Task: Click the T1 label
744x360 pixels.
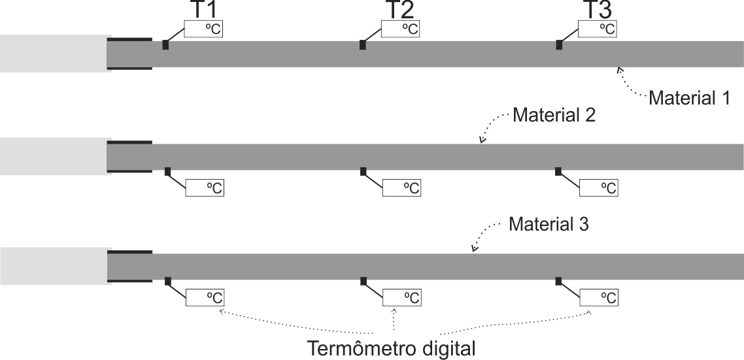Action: [x=203, y=10]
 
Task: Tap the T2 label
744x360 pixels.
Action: [x=399, y=10]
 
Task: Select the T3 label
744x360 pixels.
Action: [x=597, y=10]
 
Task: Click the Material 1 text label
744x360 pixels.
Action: [x=689, y=98]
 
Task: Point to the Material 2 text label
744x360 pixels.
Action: [x=554, y=115]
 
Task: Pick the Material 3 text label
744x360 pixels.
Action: [x=549, y=224]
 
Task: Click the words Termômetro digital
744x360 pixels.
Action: [x=392, y=348]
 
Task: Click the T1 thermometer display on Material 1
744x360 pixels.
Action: [x=203, y=29]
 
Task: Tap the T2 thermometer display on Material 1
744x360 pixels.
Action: [x=401, y=29]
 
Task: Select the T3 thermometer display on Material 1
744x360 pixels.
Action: [x=598, y=29]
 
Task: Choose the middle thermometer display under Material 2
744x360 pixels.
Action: [x=401, y=188]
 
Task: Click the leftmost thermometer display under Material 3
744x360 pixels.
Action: [x=205, y=297]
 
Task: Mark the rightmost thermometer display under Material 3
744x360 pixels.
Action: [x=599, y=297]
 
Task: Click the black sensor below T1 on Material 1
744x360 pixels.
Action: [x=165, y=44]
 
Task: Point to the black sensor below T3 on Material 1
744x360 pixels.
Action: [x=560, y=44]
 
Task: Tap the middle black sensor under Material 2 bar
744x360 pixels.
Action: [x=363, y=171]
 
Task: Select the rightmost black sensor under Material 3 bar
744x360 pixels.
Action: [x=558, y=281]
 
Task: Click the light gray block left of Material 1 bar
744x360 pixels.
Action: [x=56, y=54]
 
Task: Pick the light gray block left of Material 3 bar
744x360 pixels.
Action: [x=56, y=266]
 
